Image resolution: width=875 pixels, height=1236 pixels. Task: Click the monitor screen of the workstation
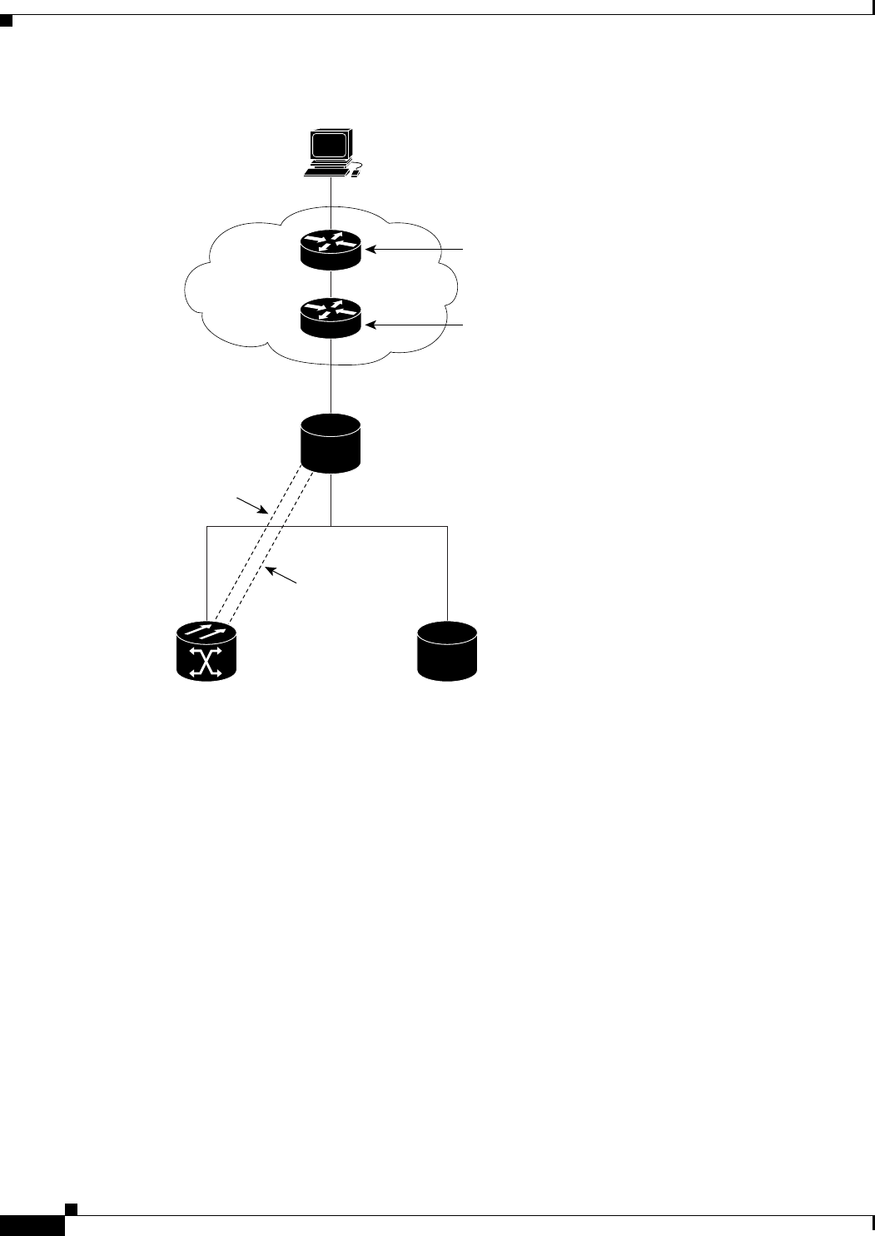329,145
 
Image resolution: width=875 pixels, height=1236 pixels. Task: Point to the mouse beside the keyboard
355,174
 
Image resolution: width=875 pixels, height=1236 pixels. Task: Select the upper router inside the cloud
331,249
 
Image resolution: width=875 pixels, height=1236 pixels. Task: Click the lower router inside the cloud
331,318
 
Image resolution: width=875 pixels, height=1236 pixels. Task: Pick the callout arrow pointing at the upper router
416,248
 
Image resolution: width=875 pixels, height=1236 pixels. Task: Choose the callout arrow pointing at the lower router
416,325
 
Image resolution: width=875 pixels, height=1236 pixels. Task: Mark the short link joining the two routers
331,284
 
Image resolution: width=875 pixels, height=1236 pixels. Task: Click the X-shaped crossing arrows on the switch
206,662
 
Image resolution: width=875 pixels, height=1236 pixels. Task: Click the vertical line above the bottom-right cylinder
447,574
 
